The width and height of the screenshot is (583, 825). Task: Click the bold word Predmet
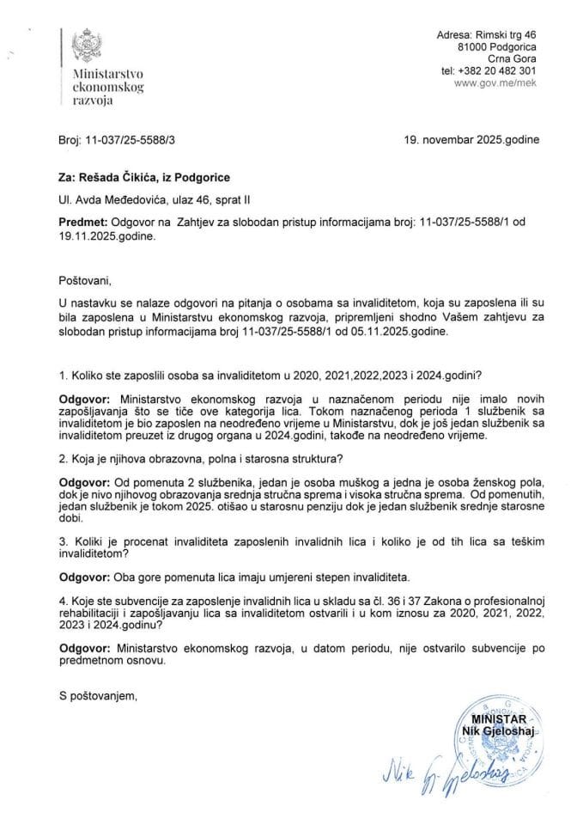pos(85,222)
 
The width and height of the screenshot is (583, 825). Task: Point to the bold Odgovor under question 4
pos(85,651)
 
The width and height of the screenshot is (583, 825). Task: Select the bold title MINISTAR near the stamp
pos(495,717)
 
